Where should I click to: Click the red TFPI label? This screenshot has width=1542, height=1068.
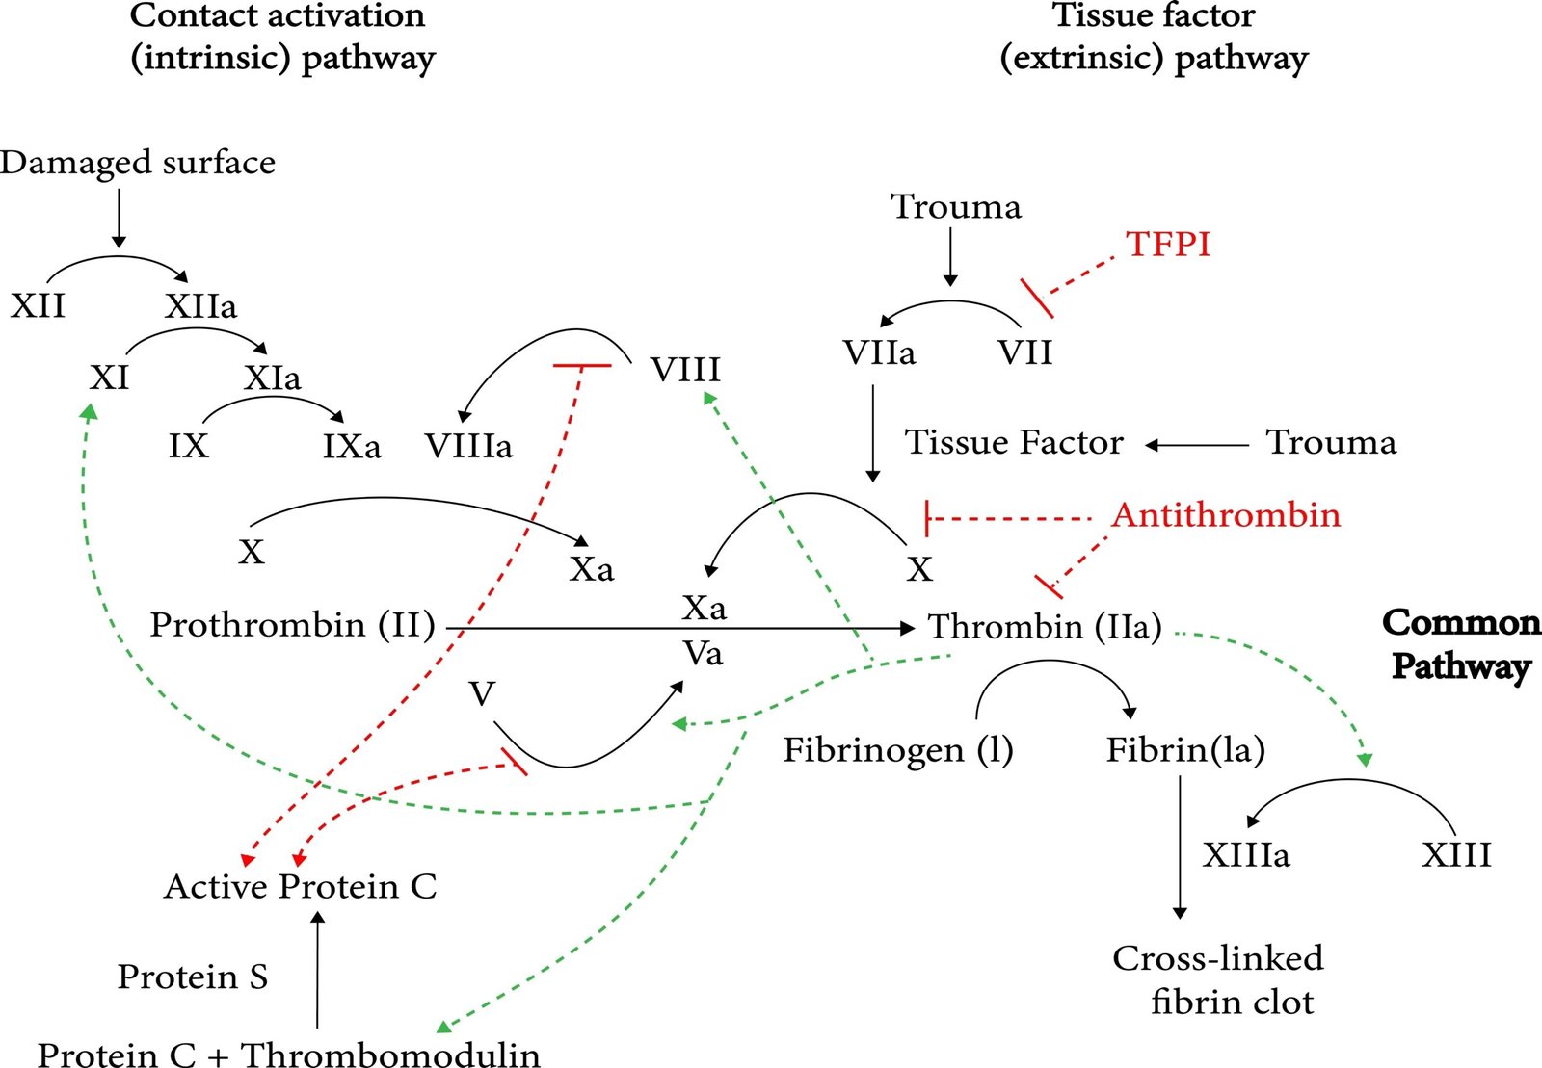tap(1168, 244)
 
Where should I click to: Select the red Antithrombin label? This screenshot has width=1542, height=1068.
tap(1226, 515)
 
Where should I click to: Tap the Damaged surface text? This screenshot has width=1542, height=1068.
tap(138, 162)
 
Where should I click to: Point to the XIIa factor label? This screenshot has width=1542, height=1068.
tap(200, 306)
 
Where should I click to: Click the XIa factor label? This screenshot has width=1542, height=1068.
tap(272, 378)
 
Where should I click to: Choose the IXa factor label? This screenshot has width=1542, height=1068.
tap(352, 446)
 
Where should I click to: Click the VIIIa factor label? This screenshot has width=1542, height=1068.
tap(468, 446)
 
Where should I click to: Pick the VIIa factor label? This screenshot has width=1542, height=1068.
tap(879, 352)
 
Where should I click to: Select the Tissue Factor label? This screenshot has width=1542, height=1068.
tap(1014, 442)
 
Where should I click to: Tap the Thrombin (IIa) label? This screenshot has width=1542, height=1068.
tap(1045, 627)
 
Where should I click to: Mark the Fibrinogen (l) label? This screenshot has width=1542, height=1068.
tap(898, 750)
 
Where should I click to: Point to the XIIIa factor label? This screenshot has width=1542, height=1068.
tap(1245, 854)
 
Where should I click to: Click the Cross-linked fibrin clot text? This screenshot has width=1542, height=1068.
tap(1219, 979)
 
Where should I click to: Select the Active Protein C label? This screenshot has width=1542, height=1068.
tap(301, 886)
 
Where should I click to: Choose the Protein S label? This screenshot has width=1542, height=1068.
tap(193, 977)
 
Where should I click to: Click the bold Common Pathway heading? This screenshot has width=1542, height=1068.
tap(1461, 644)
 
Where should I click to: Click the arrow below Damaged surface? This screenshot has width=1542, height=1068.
tap(119, 218)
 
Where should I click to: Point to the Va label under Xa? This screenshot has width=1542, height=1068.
tap(703, 654)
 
